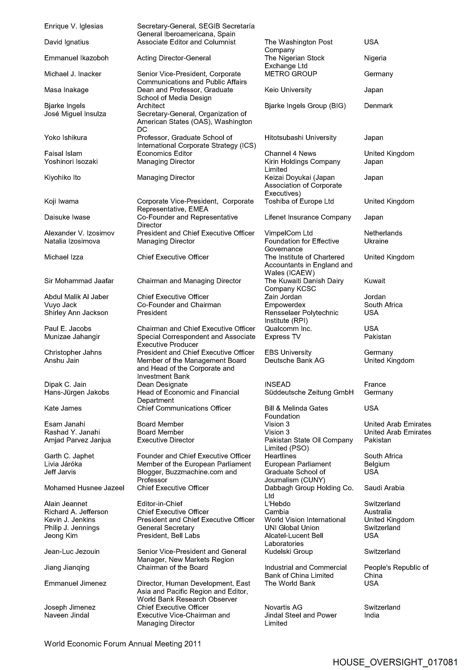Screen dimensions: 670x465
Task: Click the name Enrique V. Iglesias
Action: tap(74, 26)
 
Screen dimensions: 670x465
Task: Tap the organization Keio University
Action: tap(288, 90)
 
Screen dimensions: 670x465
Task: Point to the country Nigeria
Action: tap(375, 58)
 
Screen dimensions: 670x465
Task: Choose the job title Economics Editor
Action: tap(165, 153)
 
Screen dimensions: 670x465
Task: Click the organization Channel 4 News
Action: tap(290, 153)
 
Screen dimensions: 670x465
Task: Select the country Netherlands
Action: tap(383, 233)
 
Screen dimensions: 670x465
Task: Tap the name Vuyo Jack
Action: tap(60, 305)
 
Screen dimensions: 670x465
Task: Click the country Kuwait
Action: tap(374, 281)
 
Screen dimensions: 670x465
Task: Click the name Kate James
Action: tap(63, 408)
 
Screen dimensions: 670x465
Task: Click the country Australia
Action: tap(378, 512)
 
